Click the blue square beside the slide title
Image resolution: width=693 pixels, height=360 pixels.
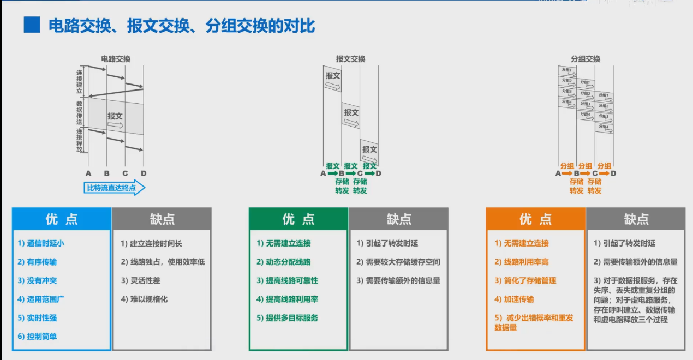(x=32, y=25)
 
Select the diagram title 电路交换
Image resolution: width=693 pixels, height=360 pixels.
(x=116, y=59)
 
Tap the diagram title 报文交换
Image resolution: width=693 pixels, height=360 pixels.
(x=350, y=59)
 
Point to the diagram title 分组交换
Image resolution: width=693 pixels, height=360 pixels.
(x=586, y=59)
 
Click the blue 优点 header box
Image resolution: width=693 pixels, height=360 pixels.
(x=62, y=219)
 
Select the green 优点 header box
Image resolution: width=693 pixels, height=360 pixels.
(x=298, y=219)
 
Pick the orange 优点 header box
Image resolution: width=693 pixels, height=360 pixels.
(x=535, y=219)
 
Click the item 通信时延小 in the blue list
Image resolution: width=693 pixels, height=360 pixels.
(x=41, y=243)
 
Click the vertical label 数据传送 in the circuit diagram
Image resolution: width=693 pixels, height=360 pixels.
(x=80, y=112)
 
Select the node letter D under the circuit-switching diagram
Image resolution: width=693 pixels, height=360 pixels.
(x=143, y=173)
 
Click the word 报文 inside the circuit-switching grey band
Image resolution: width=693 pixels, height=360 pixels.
(x=115, y=116)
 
